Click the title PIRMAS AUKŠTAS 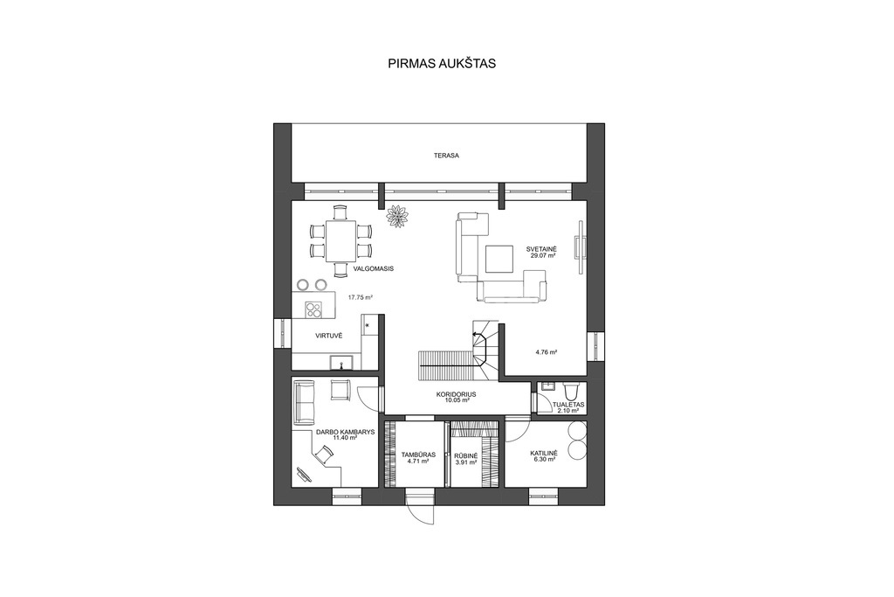[x=442, y=63]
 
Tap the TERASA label [x=446, y=156]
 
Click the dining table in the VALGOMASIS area [x=341, y=241]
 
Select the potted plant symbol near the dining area [x=397, y=216]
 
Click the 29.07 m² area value [x=543, y=256]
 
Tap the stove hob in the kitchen [x=313, y=309]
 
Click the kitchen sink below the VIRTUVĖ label [x=341, y=361]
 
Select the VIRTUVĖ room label [x=329, y=336]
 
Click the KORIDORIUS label [x=456, y=394]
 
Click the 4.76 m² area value [x=547, y=352]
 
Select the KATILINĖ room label [x=544, y=453]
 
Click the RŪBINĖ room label [x=466, y=455]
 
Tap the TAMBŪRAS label [x=418, y=455]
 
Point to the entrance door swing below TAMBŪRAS [x=422, y=507]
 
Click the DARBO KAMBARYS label [x=346, y=432]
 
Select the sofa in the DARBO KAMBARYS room [x=304, y=404]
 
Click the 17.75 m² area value [x=361, y=297]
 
